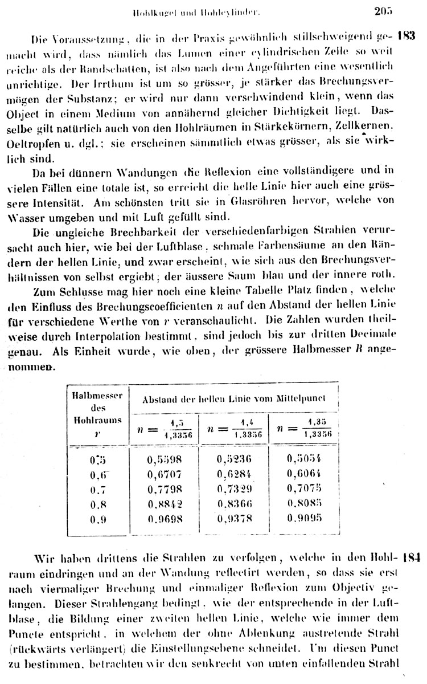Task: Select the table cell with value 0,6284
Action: (235, 473)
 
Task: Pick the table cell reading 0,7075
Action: (305, 488)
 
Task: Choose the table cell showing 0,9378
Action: (235, 518)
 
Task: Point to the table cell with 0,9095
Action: (305, 518)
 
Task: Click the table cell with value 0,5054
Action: (305, 458)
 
